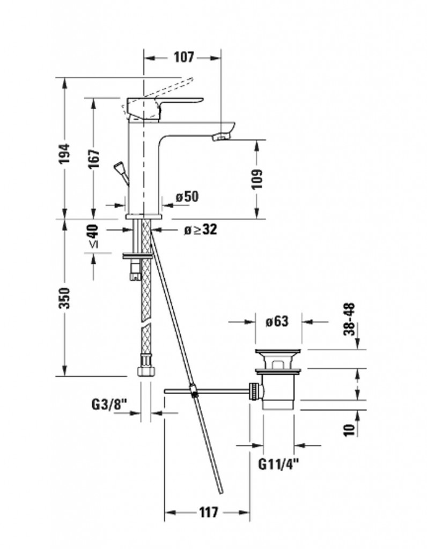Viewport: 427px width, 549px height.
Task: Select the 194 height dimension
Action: coord(65,153)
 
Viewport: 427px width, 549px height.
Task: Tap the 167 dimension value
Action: coord(94,159)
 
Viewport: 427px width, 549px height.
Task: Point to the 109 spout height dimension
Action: coord(257,179)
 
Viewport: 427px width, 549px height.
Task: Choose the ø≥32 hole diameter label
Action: coord(200,230)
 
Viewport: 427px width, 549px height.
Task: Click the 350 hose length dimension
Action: coord(65,298)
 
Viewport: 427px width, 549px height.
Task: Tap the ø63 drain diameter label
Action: coord(277,322)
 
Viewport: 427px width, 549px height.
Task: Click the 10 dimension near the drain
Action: coord(350,429)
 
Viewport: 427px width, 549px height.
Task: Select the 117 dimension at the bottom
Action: coord(208,513)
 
